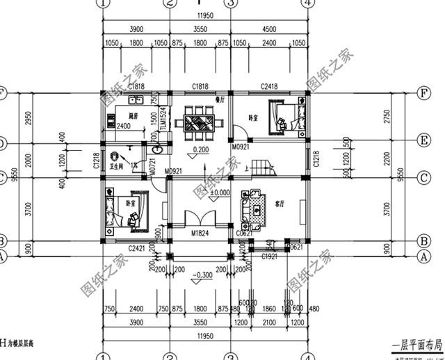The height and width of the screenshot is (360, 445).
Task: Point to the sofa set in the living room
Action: (254, 208)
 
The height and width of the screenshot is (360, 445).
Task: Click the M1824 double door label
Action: (200, 234)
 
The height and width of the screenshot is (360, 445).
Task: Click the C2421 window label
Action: (136, 247)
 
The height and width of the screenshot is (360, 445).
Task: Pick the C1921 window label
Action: (270, 257)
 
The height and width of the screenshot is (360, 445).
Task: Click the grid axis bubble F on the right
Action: (421, 92)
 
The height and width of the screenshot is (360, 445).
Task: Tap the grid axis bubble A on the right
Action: (421, 256)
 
